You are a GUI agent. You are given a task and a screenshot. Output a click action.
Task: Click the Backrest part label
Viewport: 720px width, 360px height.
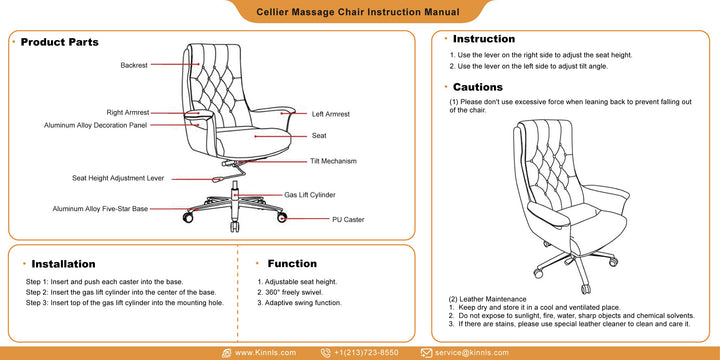[x=134, y=65]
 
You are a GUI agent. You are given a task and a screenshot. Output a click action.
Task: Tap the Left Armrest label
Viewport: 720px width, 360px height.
[x=331, y=114]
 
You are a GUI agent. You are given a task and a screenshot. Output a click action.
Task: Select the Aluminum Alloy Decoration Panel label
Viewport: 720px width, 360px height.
[x=96, y=125]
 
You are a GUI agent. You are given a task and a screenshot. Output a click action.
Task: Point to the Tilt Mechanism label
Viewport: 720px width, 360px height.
[x=333, y=161]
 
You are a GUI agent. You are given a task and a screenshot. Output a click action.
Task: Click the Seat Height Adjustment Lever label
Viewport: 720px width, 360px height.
[x=118, y=178]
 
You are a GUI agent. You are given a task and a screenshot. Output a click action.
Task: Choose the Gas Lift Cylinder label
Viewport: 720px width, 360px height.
[x=309, y=195]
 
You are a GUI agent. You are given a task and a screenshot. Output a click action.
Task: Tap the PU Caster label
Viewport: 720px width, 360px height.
[x=348, y=219]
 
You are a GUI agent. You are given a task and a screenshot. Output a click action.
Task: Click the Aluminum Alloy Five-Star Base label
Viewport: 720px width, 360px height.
[x=100, y=209]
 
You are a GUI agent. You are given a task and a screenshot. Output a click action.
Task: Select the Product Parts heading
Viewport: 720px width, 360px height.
[x=60, y=42]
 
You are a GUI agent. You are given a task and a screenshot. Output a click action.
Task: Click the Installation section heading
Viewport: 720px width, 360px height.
[x=63, y=264]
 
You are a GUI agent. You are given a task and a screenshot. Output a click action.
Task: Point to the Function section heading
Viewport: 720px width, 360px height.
[x=292, y=264]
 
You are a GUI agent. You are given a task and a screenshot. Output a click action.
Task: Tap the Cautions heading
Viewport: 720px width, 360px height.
[x=478, y=87]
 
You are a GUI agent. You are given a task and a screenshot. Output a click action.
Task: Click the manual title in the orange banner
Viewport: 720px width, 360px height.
[x=358, y=12]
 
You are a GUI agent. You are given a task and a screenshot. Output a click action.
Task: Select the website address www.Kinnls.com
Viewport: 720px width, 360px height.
[x=265, y=353]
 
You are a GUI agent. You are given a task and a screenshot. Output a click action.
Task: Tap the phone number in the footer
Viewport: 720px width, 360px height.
[x=366, y=353]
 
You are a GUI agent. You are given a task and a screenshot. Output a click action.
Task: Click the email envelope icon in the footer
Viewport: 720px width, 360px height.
[x=426, y=353]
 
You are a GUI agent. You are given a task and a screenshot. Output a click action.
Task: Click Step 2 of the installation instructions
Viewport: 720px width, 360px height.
[x=121, y=292]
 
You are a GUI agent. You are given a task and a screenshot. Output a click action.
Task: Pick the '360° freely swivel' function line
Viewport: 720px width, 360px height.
[x=290, y=292]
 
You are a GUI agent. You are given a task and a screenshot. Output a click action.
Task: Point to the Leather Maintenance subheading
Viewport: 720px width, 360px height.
[x=487, y=299]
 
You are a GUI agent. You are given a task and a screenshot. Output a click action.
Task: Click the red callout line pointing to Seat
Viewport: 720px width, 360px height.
[x=281, y=136]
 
